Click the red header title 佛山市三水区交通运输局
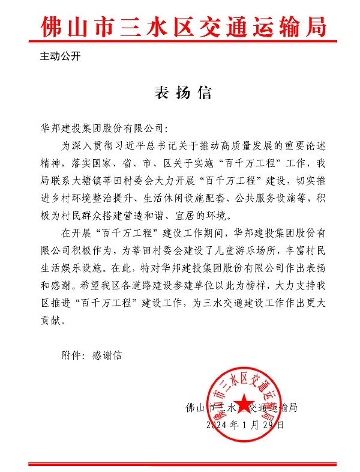pyautogui.click(x=184, y=28)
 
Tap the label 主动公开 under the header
pyautogui.click(x=60, y=58)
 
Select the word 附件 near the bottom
pyautogui.click(x=70, y=355)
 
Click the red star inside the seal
pyautogui.click(x=244, y=403)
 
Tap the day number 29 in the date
pyautogui.click(x=266, y=425)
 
